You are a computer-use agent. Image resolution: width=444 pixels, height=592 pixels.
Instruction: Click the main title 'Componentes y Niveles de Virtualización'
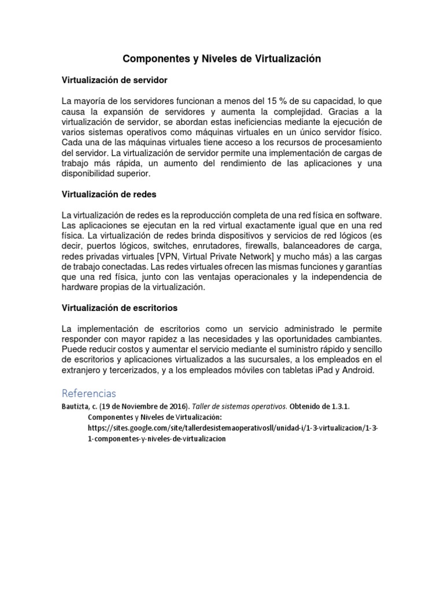[x=222, y=59]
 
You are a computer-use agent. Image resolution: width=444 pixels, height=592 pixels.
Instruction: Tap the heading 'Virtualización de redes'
[x=109, y=194]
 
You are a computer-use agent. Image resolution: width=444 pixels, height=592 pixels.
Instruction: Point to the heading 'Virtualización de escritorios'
[x=120, y=308]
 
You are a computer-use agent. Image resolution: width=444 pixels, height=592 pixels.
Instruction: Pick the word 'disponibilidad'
[x=89, y=173]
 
